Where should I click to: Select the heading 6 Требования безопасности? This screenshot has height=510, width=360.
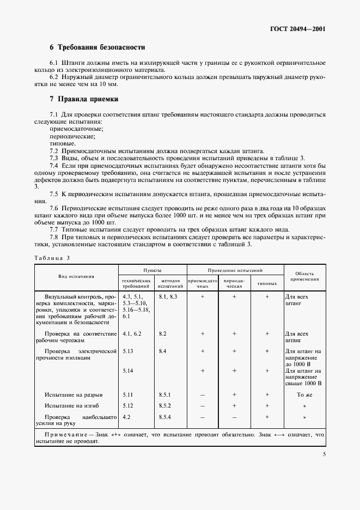(97, 47)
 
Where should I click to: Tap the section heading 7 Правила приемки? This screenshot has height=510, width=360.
(84, 99)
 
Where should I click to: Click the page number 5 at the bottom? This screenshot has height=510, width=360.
(324, 453)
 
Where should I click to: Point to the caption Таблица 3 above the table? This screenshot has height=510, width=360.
(53, 257)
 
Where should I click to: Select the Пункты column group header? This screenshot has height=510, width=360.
(152, 270)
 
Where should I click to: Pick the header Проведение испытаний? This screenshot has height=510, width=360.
(235, 270)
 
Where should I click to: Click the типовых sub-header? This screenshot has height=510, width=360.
(267, 284)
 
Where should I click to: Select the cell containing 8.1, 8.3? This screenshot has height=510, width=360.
(168, 296)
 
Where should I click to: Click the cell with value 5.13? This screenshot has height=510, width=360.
(129, 351)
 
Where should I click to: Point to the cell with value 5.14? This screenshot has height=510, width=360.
(129, 371)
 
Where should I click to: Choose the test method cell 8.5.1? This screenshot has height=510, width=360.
(165, 394)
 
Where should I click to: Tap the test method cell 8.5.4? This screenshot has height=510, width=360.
(165, 417)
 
